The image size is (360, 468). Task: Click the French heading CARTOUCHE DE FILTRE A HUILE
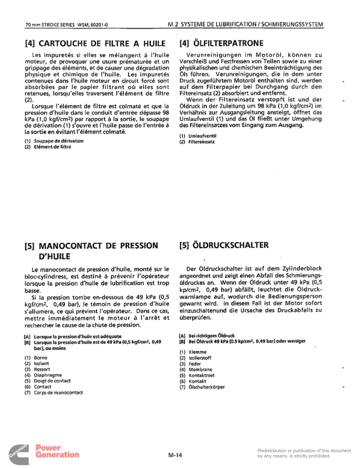[91, 43]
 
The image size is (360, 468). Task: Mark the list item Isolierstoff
[202, 358]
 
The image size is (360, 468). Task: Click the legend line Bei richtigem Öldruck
[214, 335]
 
